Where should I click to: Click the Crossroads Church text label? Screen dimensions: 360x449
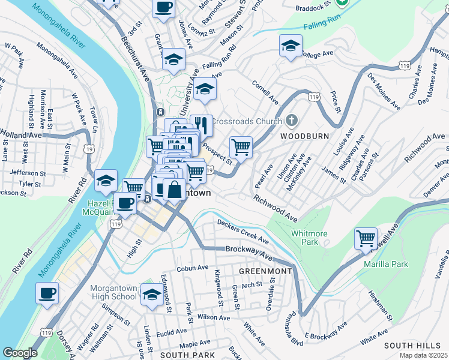[x=246, y=122]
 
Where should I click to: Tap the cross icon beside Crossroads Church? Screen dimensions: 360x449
[x=292, y=121]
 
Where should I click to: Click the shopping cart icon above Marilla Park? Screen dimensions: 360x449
[x=366, y=238]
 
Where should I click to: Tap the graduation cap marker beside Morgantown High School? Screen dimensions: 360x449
[x=152, y=294]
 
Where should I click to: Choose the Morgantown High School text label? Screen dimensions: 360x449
[x=114, y=292]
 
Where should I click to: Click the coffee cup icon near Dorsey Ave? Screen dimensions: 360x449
[x=47, y=293]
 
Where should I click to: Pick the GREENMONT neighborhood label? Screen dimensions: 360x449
[x=265, y=271]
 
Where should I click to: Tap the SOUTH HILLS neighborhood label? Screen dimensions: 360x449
[x=413, y=346]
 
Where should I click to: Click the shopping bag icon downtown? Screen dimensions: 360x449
[x=174, y=190]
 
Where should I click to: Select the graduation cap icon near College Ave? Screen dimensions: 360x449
[x=291, y=46]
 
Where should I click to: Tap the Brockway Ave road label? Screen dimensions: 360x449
[x=249, y=252]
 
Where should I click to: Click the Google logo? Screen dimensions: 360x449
[x=20, y=353]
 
